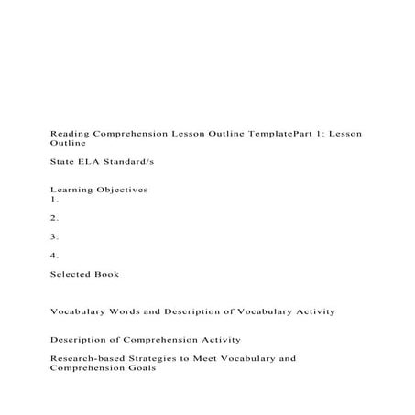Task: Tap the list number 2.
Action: tap(55, 217)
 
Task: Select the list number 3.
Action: tap(55, 236)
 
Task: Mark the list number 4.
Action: tap(55, 256)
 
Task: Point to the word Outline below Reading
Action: tap(68, 144)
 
